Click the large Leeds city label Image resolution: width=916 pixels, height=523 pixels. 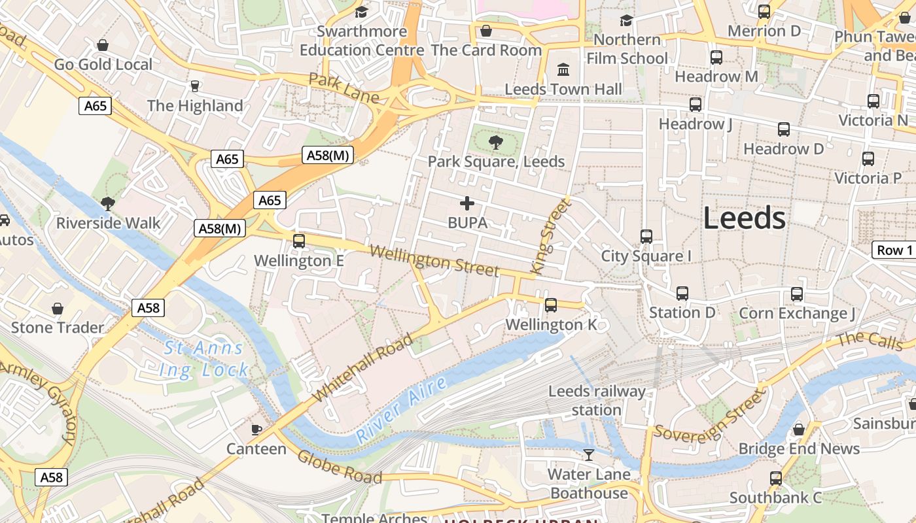pyautogui.click(x=744, y=218)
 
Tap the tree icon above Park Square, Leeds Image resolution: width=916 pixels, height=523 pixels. pyautogui.click(x=496, y=142)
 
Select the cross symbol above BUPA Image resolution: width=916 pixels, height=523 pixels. pyautogui.click(x=467, y=203)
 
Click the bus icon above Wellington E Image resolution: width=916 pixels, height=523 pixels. pyautogui.click(x=299, y=241)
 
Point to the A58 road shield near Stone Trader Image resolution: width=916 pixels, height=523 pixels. pyautogui.click(x=148, y=308)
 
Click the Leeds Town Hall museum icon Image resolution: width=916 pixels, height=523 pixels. pyautogui.click(x=563, y=69)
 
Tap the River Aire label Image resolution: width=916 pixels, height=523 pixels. pyautogui.click(x=402, y=410)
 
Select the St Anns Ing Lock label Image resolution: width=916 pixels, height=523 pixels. pyautogui.click(x=203, y=359)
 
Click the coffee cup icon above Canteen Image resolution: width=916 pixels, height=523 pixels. pyautogui.click(x=256, y=430)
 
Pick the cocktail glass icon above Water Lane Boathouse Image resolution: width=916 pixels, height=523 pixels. pyautogui.click(x=589, y=454)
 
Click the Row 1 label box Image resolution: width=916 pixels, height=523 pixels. pyautogui.click(x=894, y=250)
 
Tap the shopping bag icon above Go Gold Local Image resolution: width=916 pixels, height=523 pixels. pyautogui.click(x=103, y=45)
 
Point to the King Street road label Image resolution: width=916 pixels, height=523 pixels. pyautogui.click(x=548, y=236)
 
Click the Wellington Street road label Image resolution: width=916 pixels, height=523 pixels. pyautogui.click(x=434, y=261)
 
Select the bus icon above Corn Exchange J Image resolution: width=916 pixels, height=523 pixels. pyautogui.click(x=797, y=294)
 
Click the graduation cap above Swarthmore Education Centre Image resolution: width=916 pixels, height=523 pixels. pyautogui.click(x=361, y=12)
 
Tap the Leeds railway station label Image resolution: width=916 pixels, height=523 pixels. pyautogui.click(x=596, y=401)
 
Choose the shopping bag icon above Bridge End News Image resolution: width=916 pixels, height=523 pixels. pyautogui.click(x=798, y=430)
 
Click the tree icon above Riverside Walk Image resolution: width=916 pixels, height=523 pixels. pyautogui.click(x=108, y=204)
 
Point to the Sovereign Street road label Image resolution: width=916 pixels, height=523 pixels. pyautogui.click(x=709, y=416)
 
